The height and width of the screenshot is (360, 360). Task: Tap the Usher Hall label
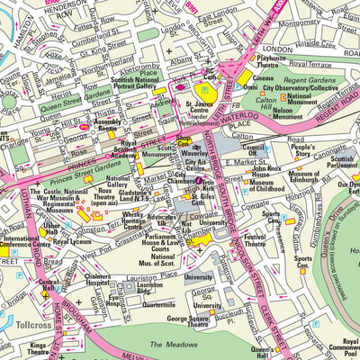(x=51, y=229)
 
